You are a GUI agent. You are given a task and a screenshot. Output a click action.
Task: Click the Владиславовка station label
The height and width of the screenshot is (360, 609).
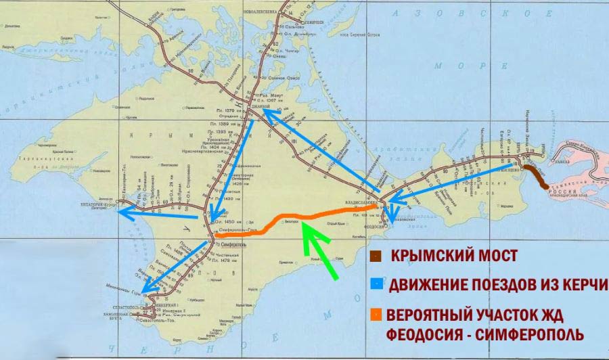[363, 201]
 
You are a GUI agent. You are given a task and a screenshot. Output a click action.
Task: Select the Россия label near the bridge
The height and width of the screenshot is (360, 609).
[558, 192]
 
